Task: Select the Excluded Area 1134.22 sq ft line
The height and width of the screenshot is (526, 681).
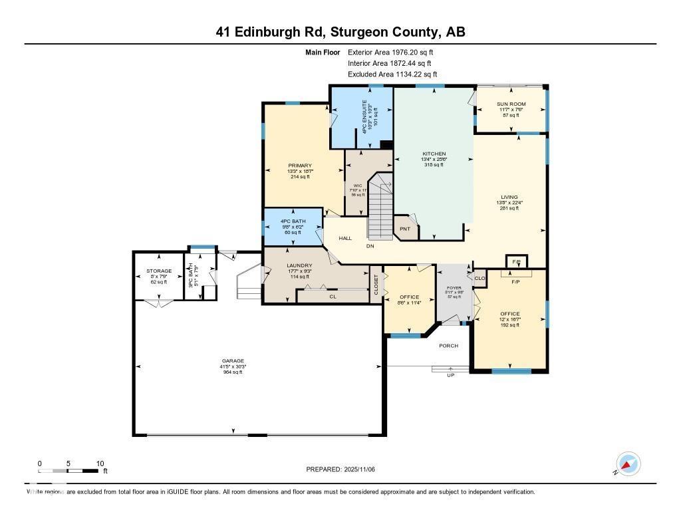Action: pyautogui.click(x=392, y=74)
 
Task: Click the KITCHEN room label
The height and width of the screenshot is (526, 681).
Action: pyautogui.click(x=434, y=154)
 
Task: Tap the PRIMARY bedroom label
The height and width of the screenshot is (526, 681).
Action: pyautogui.click(x=300, y=166)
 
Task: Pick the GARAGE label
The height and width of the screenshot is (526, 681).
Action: pyautogui.click(x=233, y=360)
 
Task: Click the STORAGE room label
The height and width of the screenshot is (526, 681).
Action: pyautogui.click(x=159, y=271)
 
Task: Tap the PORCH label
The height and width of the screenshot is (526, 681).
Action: pyautogui.click(x=448, y=346)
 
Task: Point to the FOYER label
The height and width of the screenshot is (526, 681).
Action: pyautogui.click(x=454, y=288)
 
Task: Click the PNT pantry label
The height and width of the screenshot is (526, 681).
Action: pyautogui.click(x=404, y=229)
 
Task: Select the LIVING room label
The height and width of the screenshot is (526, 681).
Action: pyautogui.click(x=509, y=197)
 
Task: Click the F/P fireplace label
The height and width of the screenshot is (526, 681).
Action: pyautogui.click(x=515, y=282)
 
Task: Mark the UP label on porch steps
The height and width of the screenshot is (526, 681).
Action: pyautogui.click(x=450, y=376)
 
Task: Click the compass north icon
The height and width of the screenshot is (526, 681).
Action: pyautogui.click(x=628, y=464)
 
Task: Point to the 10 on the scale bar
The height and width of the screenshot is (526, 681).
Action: pyautogui.click(x=100, y=463)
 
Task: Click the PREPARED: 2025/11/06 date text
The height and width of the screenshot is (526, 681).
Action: pyautogui.click(x=345, y=469)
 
